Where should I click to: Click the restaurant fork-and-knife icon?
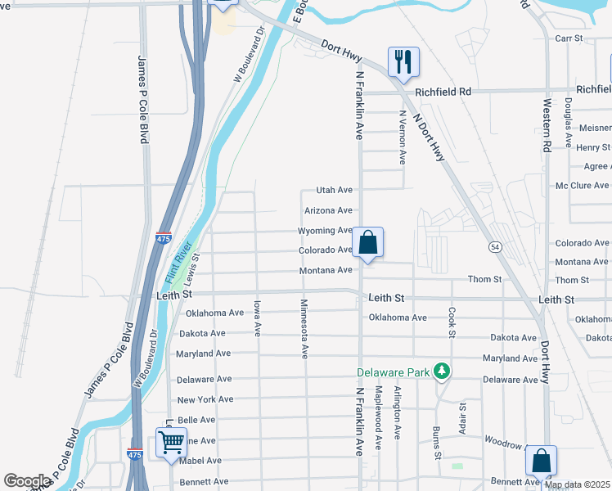tap(403, 61)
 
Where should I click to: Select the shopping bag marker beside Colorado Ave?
tap(368, 242)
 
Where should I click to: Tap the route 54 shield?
tap(495, 246)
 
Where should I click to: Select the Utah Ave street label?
tap(334, 190)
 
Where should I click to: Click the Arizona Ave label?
tap(328, 210)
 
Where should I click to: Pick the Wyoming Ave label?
tap(325, 231)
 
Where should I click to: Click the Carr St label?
tap(568, 38)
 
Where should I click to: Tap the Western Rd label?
tap(547, 126)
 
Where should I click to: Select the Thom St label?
tap(484, 280)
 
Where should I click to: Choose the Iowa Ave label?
tap(257, 318)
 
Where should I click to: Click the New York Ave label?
tap(205, 399)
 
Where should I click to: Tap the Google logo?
tap(27, 481)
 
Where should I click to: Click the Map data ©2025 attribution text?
tap(576, 484)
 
